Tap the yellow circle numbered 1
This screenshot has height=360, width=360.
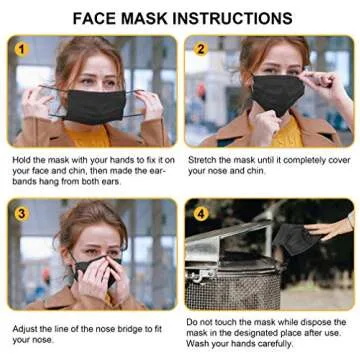21,49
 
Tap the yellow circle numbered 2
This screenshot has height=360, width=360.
200,49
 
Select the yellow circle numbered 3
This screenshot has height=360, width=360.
21,212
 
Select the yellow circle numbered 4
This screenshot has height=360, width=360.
200,212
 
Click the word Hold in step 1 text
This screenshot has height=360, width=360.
22,159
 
